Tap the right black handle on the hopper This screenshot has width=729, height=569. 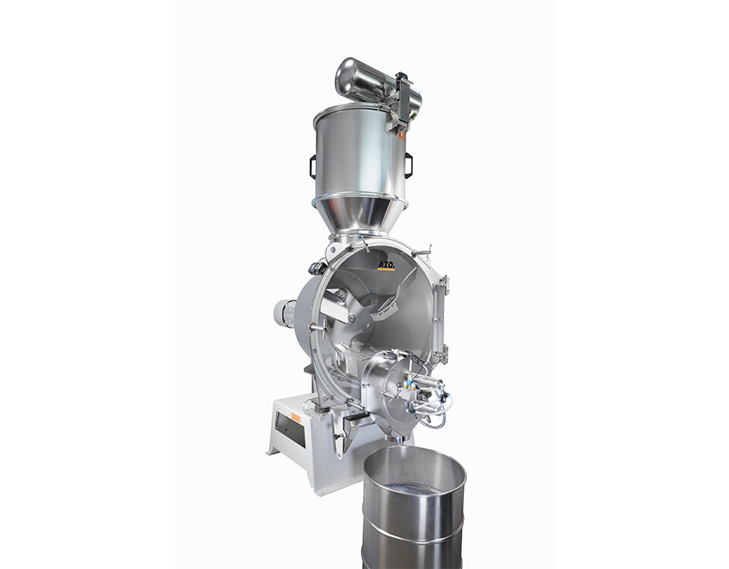tap(409, 165)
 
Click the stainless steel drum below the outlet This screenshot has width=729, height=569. tap(414, 508)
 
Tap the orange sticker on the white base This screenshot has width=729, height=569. tap(295, 417)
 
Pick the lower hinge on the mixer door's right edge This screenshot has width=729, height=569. tap(443, 353)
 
